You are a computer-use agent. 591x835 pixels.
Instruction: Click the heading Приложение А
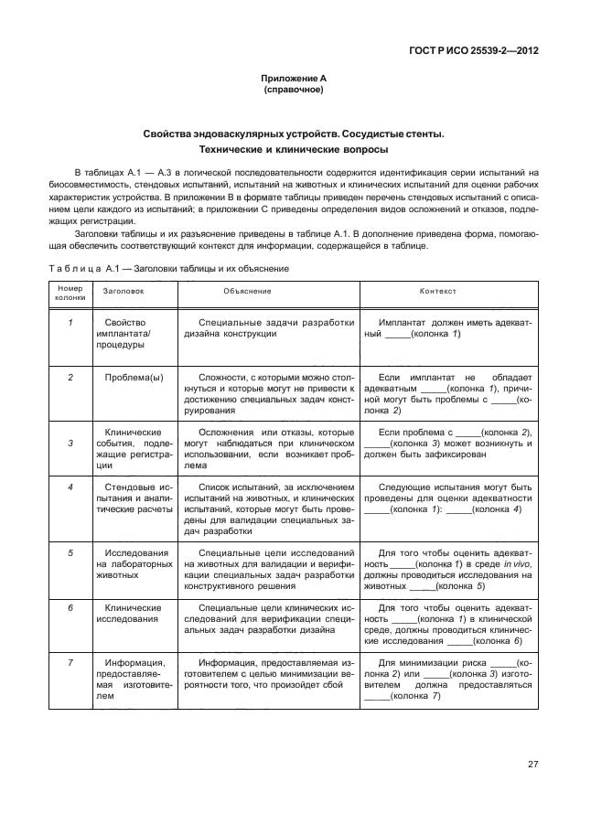pos(293,80)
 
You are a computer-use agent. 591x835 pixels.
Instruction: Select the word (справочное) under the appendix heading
pos(293,91)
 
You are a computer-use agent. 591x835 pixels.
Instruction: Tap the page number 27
pos(532,765)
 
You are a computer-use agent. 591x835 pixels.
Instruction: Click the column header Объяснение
pos(247,291)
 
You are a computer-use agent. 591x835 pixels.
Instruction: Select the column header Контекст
pos(437,291)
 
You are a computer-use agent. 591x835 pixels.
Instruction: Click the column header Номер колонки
pos(70,292)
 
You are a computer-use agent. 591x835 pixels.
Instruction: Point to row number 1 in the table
pos(70,323)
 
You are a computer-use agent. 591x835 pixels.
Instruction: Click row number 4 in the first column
pos(70,487)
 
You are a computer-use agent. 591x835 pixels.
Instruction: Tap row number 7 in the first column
pos(70,662)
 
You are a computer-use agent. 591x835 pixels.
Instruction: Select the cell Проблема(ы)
pos(134,377)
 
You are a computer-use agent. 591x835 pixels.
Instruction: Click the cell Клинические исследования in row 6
pos(134,613)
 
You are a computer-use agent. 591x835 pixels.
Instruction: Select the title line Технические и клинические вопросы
pos(293,149)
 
